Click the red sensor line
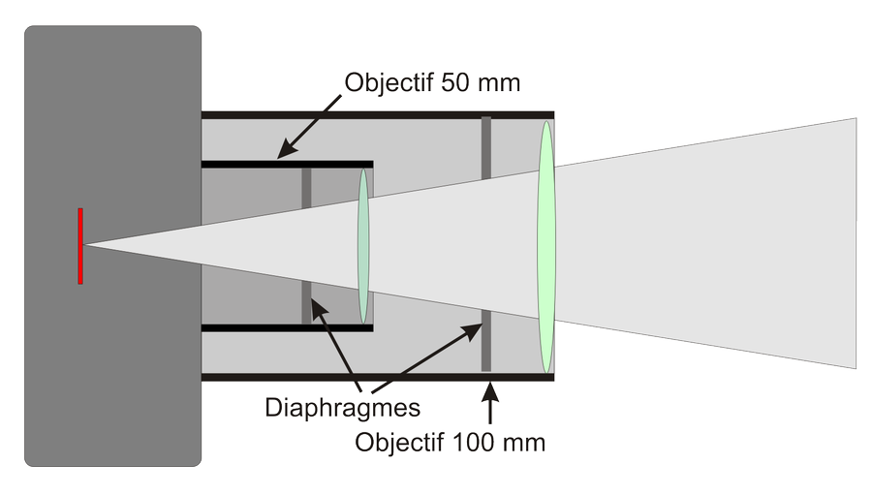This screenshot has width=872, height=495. coord(80,246)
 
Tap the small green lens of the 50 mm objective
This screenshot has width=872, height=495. coord(364,246)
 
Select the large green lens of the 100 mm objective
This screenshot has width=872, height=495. coord(546,246)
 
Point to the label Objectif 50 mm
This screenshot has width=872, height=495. coord(432,83)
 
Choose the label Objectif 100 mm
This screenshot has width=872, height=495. coord(451,444)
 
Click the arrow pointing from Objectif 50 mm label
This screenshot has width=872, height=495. coord(310,126)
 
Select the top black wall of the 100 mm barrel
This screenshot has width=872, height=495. coord(378,115)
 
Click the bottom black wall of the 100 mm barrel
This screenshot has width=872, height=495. coord(378,377)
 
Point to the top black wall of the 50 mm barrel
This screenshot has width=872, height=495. coord(287,165)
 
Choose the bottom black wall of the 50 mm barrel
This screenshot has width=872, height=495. coord(287,328)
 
